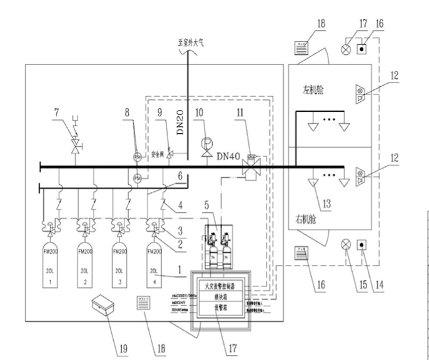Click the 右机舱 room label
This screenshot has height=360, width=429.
click(307, 219)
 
